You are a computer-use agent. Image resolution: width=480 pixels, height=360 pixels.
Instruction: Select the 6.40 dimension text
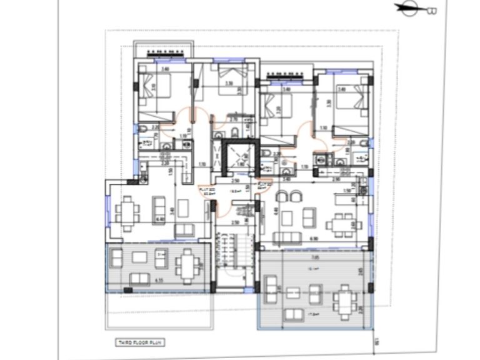click(x=161, y=219)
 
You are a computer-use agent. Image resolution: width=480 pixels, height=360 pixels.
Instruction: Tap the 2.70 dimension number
click(x=232, y=119)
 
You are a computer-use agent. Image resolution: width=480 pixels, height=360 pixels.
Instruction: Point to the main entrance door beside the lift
click(x=216, y=206)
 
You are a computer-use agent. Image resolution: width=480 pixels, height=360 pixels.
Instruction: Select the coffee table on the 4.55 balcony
click(x=139, y=257)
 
